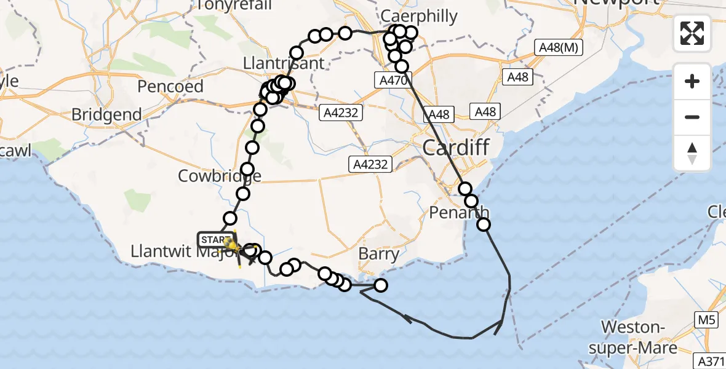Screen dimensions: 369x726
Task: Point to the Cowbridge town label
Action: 220,176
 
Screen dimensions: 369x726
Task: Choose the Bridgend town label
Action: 106,114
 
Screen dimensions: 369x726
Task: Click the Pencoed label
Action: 170,86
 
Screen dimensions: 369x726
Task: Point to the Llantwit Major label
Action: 178,252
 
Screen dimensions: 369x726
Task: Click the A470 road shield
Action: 391,80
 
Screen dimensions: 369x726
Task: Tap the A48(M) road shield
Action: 558,48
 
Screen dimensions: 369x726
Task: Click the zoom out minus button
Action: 692,117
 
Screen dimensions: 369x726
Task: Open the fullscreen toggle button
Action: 692,33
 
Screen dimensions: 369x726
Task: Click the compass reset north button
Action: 692,153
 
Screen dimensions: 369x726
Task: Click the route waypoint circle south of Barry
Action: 381,285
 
